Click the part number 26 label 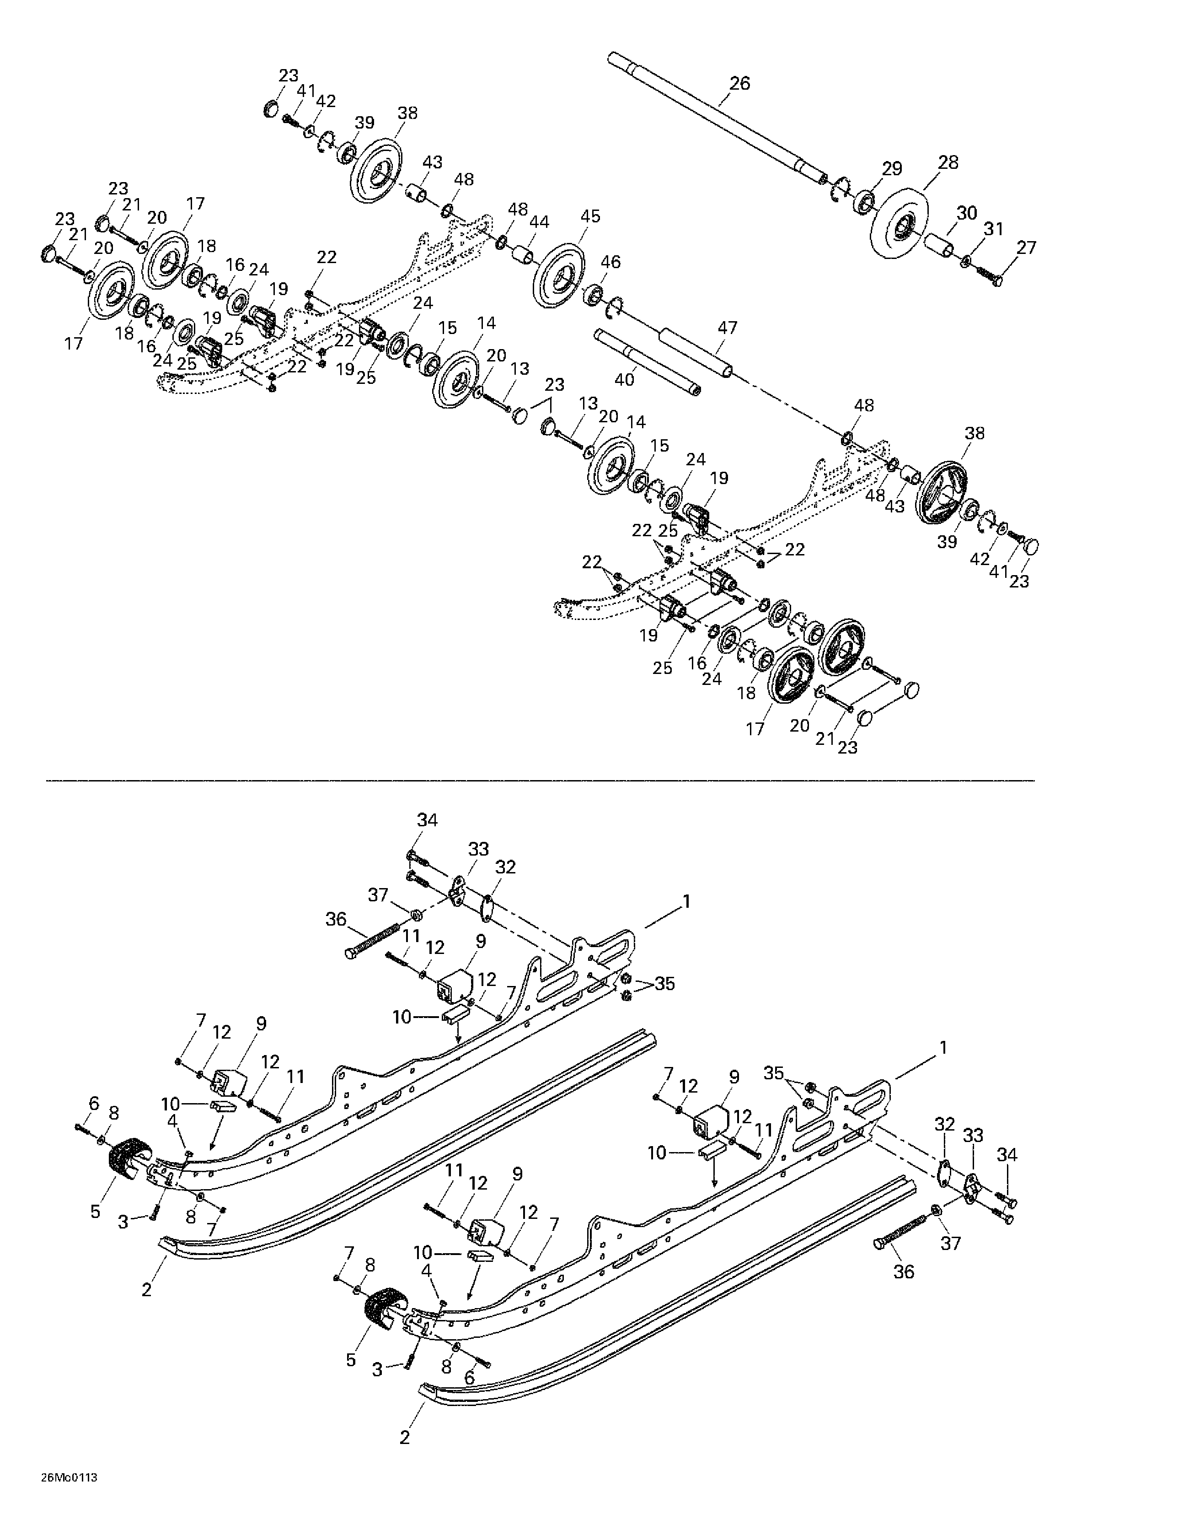(739, 83)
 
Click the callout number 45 (590, 216)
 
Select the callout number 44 (539, 222)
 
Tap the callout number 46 (610, 262)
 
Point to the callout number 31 (993, 228)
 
